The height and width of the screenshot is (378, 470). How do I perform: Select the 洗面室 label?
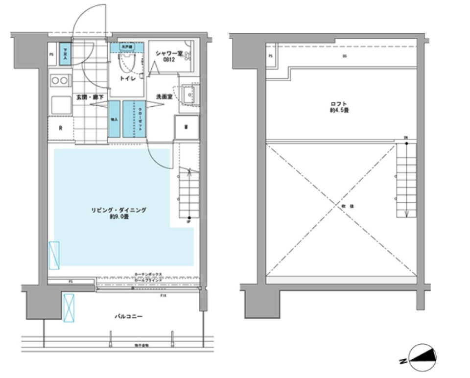164,96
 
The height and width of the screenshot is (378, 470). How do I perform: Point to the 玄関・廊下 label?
90,97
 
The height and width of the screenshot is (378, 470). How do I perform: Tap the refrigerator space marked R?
60,129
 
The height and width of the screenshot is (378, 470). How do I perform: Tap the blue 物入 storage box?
114,119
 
